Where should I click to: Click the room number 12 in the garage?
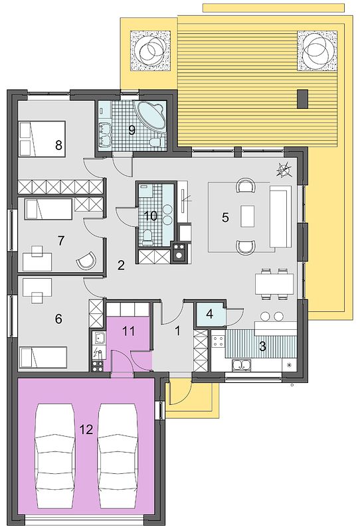point(86,429)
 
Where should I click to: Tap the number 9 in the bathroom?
point(132,130)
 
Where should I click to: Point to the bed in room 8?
point(42,139)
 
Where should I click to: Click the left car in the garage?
point(55,455)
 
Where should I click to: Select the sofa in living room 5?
point(281,216)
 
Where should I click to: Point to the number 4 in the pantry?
point(209,314)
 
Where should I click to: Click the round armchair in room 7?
point(86,261)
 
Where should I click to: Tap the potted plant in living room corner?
point(284,169)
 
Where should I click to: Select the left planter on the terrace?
point(150,51)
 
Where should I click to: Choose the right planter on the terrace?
point(317,51)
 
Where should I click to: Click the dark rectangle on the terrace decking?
point(303,99)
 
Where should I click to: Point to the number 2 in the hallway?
point(121,265)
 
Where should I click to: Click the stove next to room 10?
point(179,252)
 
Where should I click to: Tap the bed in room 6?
point(43,357)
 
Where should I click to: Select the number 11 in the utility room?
point(129,331)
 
